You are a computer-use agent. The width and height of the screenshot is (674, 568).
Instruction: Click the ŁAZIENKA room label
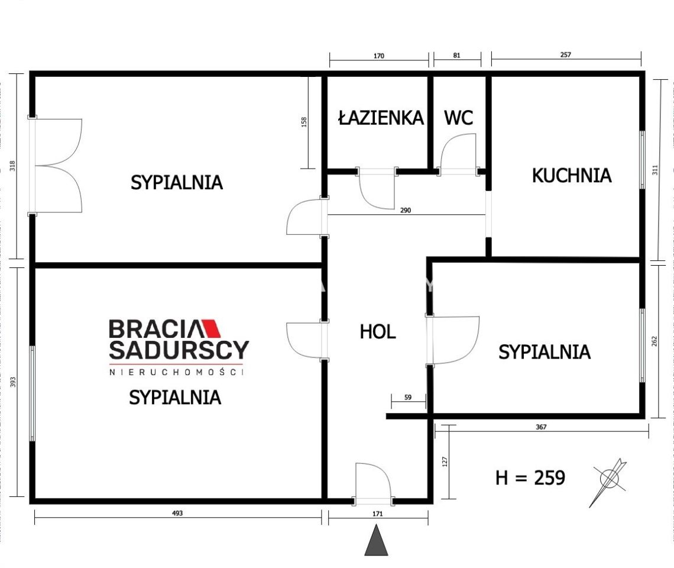[381, 118]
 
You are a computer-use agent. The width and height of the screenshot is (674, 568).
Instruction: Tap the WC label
[458, 118]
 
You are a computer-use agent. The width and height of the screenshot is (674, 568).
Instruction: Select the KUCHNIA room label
[571, 176]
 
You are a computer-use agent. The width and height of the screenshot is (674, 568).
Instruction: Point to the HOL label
[378, 332]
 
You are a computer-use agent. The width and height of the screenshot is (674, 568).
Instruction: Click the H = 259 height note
[530, 477]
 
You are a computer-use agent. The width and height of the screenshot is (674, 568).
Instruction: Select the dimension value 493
[178, 513]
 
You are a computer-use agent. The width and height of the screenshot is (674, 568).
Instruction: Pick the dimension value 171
[378, 514]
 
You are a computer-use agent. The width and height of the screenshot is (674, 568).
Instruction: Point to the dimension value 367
[542, 427]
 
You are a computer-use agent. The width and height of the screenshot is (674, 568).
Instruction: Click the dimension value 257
[566, 55]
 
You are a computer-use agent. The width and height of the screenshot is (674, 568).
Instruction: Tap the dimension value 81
[456, 56]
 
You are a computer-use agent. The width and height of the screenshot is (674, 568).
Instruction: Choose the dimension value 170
[379, 56]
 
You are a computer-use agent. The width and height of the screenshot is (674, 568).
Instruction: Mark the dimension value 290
[405, 210]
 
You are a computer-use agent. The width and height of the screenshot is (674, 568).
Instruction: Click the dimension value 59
[408, 398]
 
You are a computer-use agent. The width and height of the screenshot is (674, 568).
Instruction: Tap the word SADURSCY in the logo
[179, 350]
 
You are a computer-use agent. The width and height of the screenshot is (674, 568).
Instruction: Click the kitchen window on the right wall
[643, 160]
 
